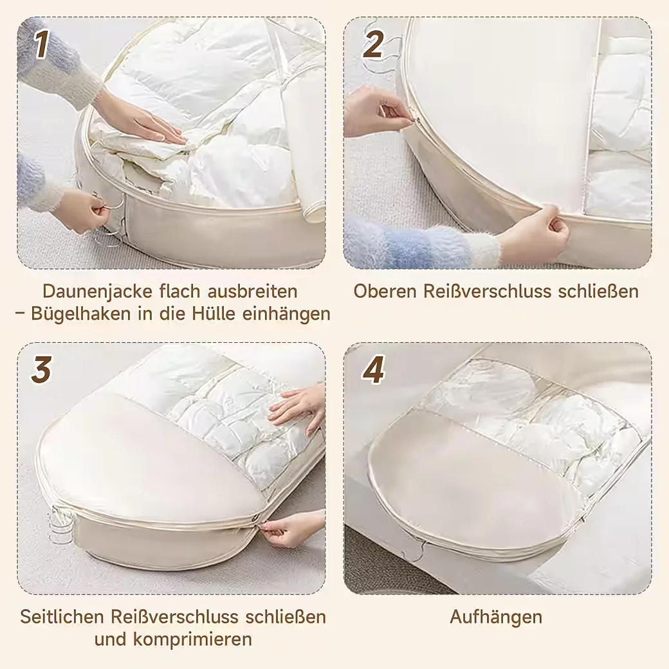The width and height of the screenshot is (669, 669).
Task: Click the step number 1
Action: tap(41, 44)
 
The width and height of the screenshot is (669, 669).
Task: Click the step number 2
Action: tap(373, 44)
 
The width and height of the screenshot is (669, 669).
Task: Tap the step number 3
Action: tap(41, 369)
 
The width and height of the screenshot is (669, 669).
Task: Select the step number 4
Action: tap(373, 369)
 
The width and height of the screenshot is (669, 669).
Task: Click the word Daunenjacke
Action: tap(98, 291)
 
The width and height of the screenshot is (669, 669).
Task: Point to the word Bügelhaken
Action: tap(81, 314)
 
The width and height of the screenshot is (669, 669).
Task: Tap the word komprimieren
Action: tap(192, 639)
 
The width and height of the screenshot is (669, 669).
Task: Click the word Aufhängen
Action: tap(496, 618)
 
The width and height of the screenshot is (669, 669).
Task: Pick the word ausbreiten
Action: tap(253, 291)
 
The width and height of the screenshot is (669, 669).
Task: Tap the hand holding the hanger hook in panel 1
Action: tap(81, 212)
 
